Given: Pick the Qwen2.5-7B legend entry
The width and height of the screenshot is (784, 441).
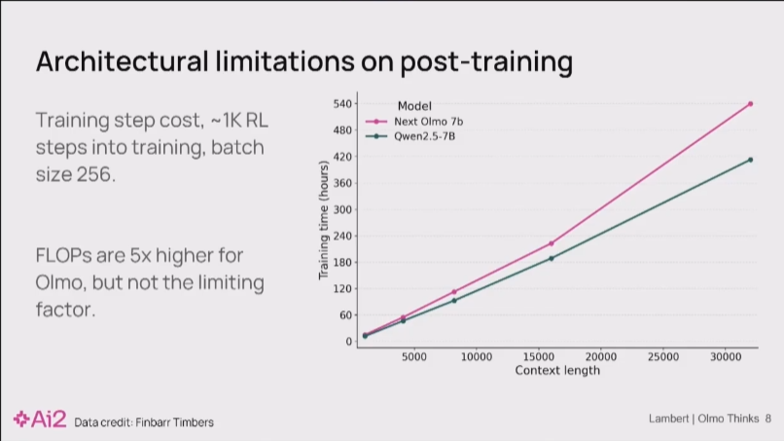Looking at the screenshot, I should tap(424, 136).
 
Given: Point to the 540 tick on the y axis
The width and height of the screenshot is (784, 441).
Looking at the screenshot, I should tap(342, 103).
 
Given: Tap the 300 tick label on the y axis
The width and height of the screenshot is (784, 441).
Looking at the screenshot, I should tap(342, 209).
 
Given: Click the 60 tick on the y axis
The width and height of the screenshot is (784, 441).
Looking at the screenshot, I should tap(344, 315).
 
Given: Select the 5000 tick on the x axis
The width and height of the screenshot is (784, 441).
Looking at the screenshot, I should tap(414, 357).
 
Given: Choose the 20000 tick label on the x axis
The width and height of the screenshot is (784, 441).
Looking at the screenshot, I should tap(601, 357).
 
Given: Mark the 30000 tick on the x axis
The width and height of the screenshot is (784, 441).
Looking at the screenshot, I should tap(726, 357).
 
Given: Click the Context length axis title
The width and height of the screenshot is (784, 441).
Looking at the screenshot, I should tap(557, 371).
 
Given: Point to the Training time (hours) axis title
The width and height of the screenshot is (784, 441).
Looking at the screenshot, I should tap(324, 222).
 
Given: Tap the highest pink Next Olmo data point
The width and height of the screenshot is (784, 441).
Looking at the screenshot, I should tap(750, 103).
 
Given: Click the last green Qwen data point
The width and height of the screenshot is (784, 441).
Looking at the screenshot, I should tap(750, 159).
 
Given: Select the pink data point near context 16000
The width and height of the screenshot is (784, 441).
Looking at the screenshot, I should tap(551, 243).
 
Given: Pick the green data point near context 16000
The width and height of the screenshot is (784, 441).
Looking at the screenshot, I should tap(551, 258).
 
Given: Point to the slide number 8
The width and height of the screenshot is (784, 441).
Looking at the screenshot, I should tap(767, 419).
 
